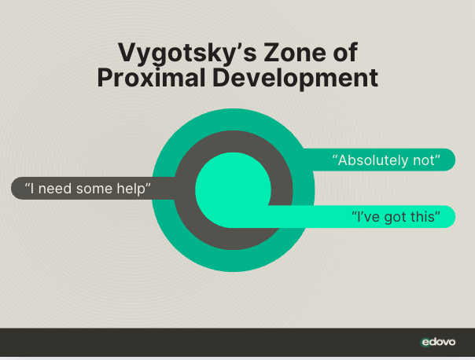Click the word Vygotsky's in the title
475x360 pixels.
pyautogui.click(x=187, y=53)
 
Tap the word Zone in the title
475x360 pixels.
pyautogui.click(x=295, y=53)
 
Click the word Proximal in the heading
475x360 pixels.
pyautogui.click(x=151, y=78)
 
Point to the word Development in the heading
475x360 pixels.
pyautogui.click(x=296, y=78)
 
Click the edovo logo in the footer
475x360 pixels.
pyautogui.click(x=438, y=342)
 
